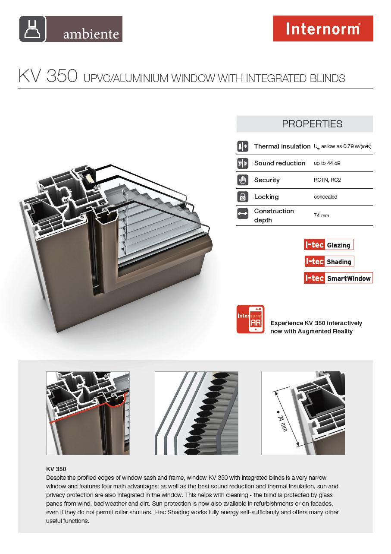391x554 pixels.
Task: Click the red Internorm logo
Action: coord(323,28)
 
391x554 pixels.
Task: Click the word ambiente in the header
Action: coord(91,34)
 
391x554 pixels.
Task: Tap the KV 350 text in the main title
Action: coord(48,76)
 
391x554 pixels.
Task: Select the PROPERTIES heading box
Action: coord(304,124)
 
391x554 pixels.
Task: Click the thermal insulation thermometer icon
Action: coord(243,146)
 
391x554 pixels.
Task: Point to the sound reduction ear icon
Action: coord(243,163)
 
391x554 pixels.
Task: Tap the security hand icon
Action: coord(243,180)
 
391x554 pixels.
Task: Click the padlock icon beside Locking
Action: coord(243,197)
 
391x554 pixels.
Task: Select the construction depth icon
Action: coord(243,213)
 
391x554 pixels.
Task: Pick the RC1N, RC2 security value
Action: coord(327,180)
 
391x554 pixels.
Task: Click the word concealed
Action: coord(325,197)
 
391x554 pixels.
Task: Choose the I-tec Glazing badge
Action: coord(328,245)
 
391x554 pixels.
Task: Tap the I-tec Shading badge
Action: coord(328,261)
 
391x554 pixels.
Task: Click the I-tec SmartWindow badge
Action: coord(338,278)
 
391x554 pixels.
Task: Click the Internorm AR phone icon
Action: coord(250,319)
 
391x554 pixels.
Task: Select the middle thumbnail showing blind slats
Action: coord(196,413)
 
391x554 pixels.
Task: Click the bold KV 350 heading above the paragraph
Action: coord(56,469)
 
